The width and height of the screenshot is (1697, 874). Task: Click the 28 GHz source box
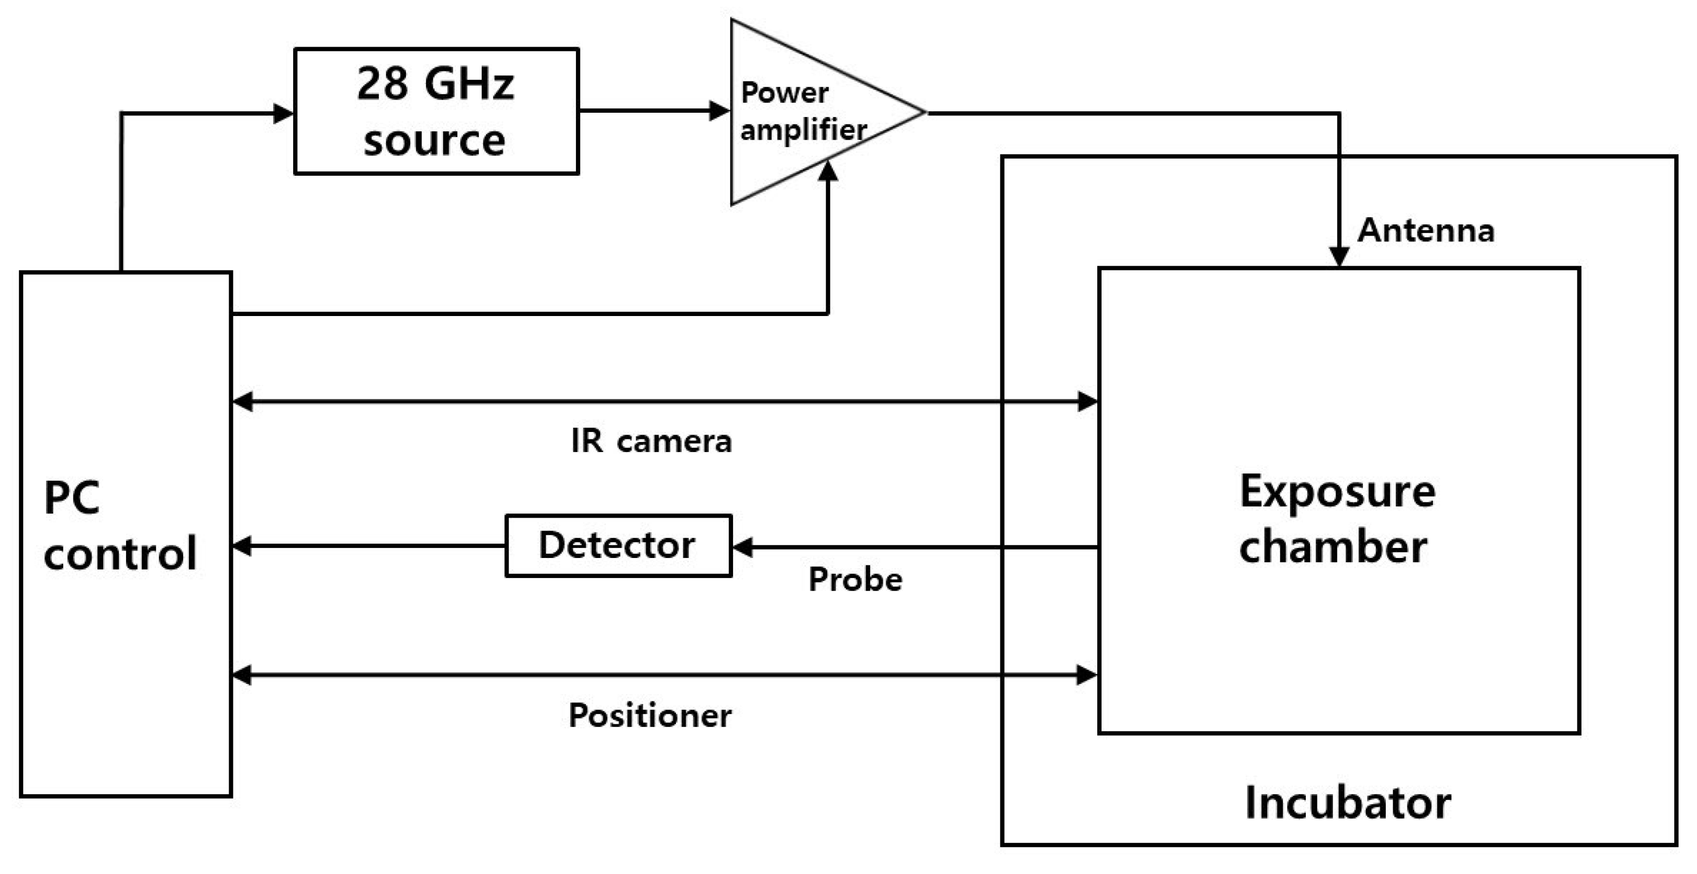coord(436,111)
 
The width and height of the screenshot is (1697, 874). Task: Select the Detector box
coord(617,545)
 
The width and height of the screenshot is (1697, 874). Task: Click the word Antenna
coord(1425,230)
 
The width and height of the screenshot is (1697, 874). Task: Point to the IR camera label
coord(651,441)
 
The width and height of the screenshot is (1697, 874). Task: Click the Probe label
coord(855,580)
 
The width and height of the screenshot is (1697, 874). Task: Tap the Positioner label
coord(649,715)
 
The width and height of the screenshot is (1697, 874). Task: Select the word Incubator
coord(1348,803)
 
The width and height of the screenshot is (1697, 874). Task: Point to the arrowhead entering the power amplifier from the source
coord(719,111)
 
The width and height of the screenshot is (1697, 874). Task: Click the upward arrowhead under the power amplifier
coord(827,171)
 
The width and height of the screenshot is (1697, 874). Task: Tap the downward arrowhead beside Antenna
coord(1339,256)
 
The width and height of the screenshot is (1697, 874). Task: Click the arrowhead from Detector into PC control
coord(242,545)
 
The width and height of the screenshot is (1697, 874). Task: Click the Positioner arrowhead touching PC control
coord(242,674)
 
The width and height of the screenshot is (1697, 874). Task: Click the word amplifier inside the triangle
coord(803,129)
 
